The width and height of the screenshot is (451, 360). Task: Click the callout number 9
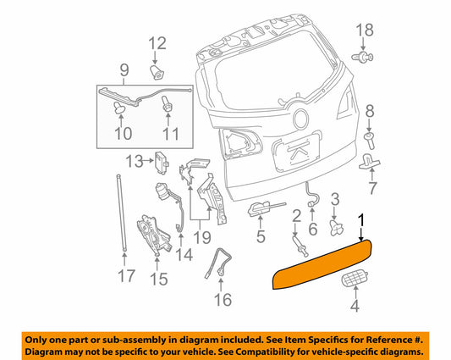pyautogui.click(x=124, y=69)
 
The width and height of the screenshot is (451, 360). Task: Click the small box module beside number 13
pyautogui.click(x=164, y=161)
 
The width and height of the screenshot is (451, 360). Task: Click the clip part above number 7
pyautogui.click(x=370, y=161)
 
